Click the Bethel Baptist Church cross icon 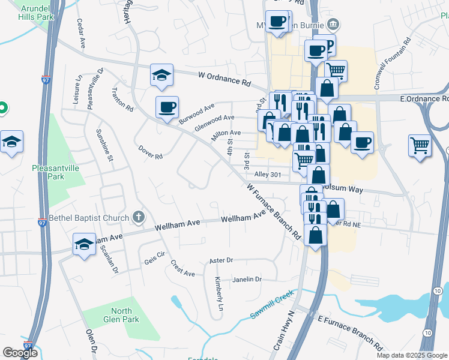[x=138, y=217]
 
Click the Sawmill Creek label [x=271, y=306]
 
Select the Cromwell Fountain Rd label [x=392, y=64]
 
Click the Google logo [x=20, y=353]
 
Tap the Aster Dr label [x=220, y=261]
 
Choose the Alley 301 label [x=268, y=175]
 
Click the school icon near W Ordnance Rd [x=161, y=75]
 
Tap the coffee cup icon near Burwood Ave [x=167, y=107]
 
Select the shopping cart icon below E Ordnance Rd [x=420, y=145]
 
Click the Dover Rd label [x=151, y=152]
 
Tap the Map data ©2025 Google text [x=411, y=355]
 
